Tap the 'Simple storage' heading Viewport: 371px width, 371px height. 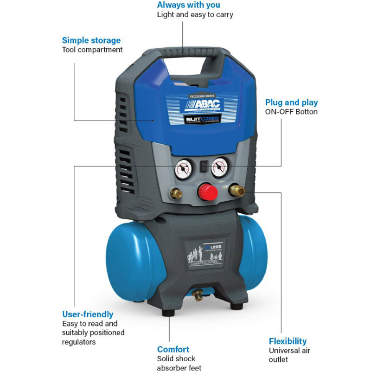(91, 40)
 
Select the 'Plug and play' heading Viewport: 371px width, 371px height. (292, 102)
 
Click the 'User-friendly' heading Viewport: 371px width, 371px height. (88, 314)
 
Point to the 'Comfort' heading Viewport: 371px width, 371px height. (173, 349)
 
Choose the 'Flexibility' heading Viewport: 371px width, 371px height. (288, 341)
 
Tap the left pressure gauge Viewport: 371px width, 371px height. (184, 170)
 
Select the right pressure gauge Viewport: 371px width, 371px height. (219, 169)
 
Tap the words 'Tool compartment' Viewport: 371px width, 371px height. (92, 50)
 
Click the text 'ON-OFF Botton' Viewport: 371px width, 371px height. (291, 112)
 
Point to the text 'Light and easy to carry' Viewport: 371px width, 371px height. (195, 15)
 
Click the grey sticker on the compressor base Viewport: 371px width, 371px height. (205, 253)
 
